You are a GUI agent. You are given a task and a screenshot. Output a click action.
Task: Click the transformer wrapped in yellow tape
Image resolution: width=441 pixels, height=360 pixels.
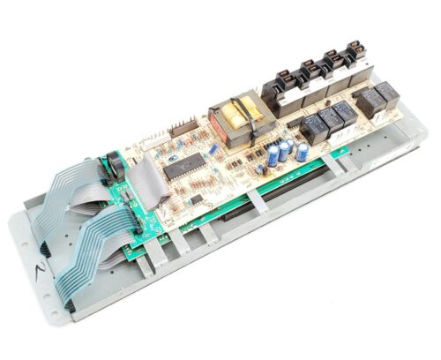(x=233, y=116)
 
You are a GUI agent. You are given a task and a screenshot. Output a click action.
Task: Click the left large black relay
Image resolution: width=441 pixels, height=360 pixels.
(x=364, y=99)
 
